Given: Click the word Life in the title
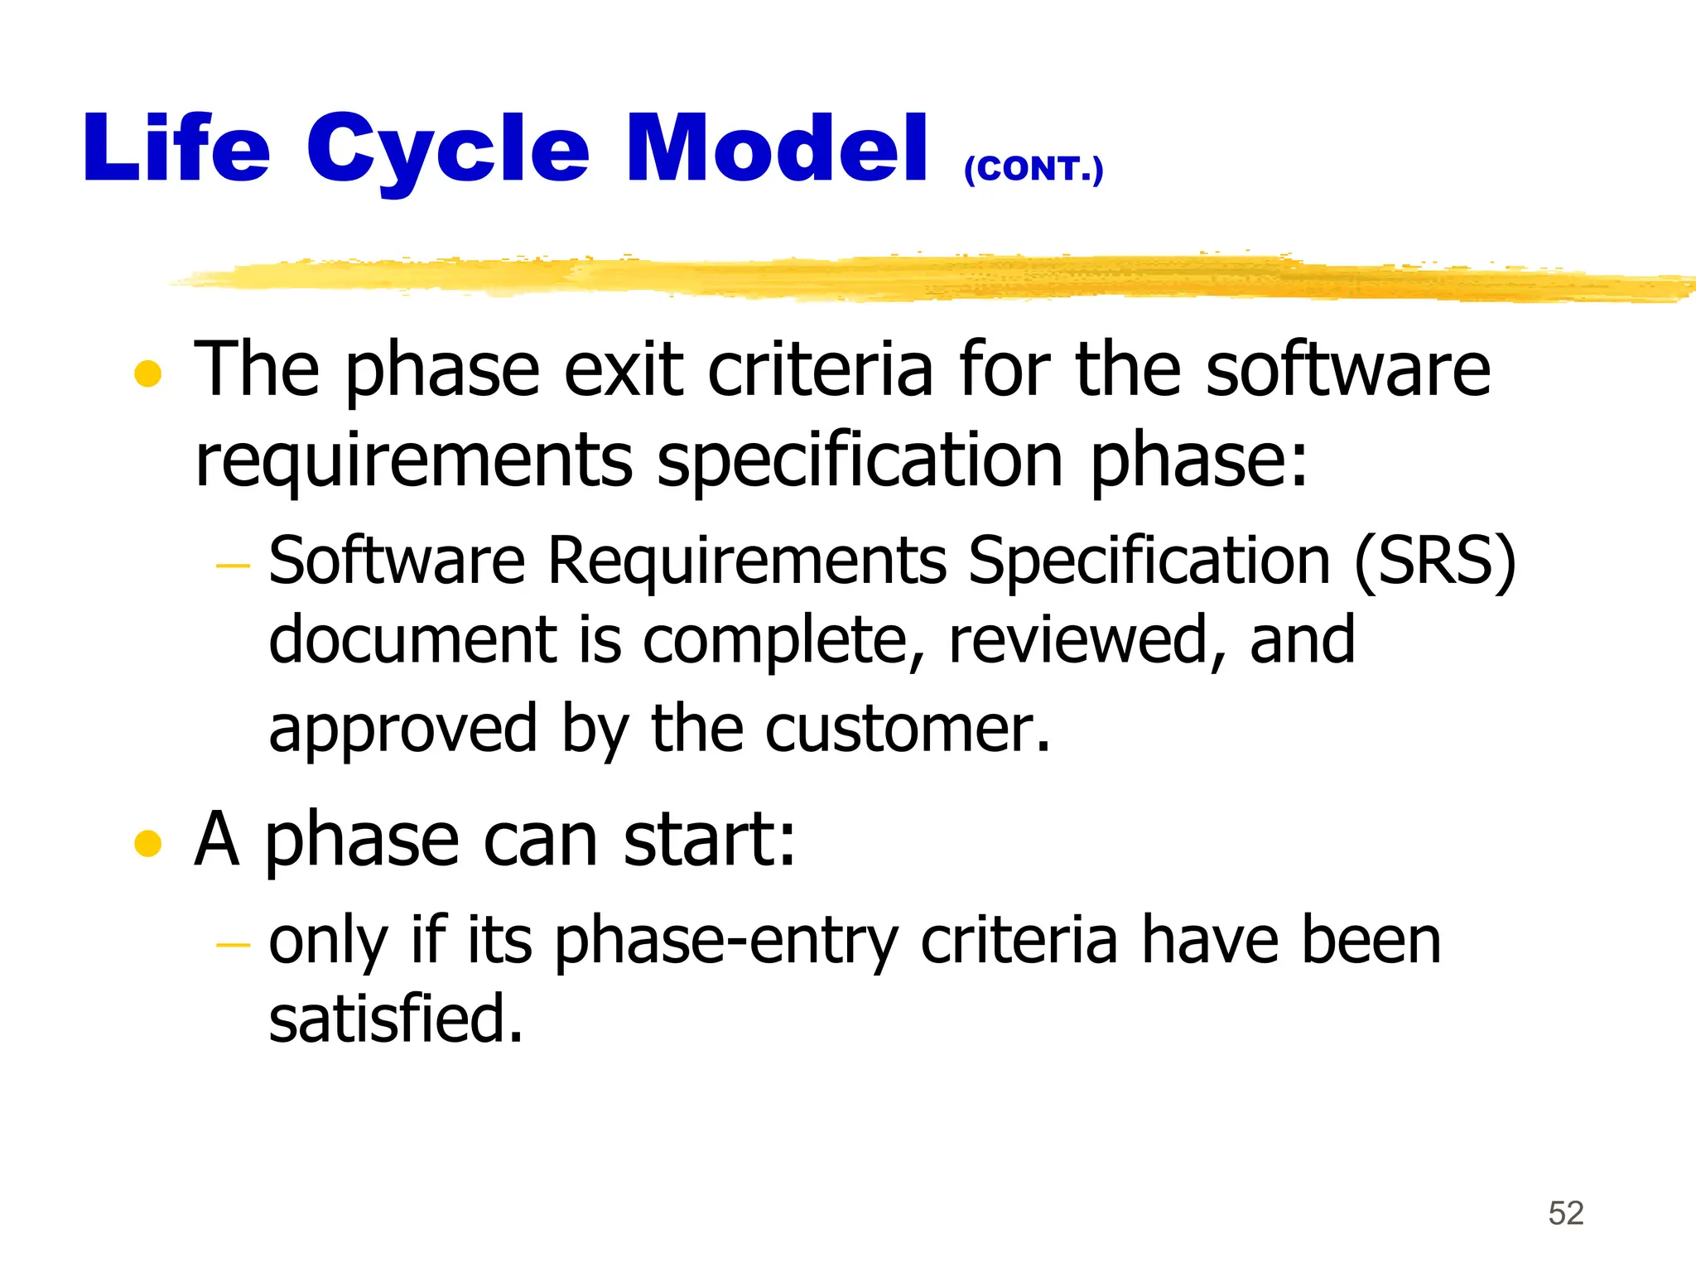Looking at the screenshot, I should pos(176,149).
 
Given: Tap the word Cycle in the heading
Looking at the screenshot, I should pos(447,151).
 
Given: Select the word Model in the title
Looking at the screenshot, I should pos(777,149).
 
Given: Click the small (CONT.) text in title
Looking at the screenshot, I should pos(1033,169).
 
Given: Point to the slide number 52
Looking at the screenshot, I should pos(1565,1213).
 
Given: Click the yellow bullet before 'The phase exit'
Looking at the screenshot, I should pos(147,373).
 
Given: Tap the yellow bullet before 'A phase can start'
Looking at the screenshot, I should pos(147,844).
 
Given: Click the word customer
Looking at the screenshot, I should pos(907,729).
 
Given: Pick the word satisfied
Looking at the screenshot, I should pos(396,1019).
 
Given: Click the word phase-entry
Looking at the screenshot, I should pos(725,942).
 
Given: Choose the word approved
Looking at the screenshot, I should pos(403,729).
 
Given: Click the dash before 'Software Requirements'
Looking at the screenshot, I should pos(233,566).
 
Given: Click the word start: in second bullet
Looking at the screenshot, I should pos(709,840).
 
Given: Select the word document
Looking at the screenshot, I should pos(412,640).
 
